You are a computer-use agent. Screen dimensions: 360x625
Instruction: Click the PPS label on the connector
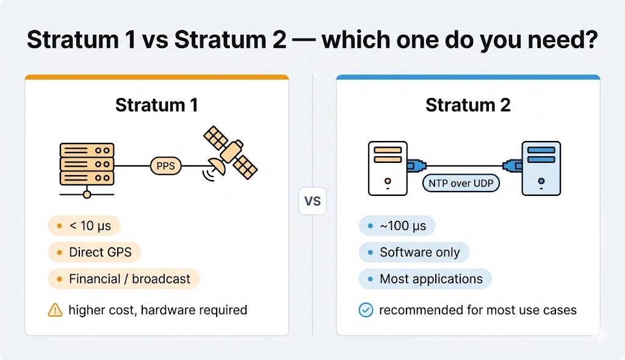point(165,165)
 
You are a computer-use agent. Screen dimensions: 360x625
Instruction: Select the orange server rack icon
point(87,164)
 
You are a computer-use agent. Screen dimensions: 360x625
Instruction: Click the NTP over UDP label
point(461,184)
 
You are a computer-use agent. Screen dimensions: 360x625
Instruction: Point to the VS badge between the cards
point(312,201)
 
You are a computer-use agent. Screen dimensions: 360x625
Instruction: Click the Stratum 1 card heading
point(156,105)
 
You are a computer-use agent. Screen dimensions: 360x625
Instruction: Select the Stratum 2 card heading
point(468,105)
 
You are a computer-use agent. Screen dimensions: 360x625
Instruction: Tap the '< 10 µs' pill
point(84,226)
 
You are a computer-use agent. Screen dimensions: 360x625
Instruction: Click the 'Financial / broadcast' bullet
point(123,279)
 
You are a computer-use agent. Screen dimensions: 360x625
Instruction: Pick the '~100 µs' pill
point(397,226)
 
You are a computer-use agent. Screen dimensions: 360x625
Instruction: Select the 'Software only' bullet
point(414,252)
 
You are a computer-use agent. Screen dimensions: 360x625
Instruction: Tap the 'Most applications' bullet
point(425,279)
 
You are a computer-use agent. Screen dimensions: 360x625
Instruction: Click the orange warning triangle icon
point(55,310)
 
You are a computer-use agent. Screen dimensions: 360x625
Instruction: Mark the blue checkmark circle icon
point(366,310)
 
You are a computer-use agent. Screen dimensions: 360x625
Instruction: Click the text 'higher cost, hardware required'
point(157,310)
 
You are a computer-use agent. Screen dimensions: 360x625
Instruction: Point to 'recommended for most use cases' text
point(477,310)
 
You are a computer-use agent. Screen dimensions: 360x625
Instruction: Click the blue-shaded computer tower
point(540,168)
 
